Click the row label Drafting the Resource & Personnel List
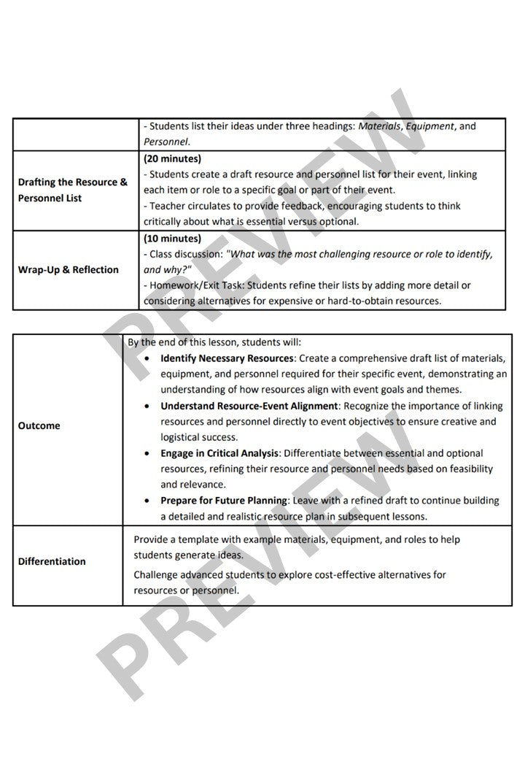[x=72, y=190]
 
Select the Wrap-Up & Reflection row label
[x=68, y=269]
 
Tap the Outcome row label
[x=39, y=425]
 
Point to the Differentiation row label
[x=52, y=561]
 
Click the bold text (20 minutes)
[x=173, y=158]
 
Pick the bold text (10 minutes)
[x=173, y=239]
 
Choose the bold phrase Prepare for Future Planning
[x=225, y=501]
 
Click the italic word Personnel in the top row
[x=167, y=141]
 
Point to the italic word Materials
[x=379, y=126]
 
